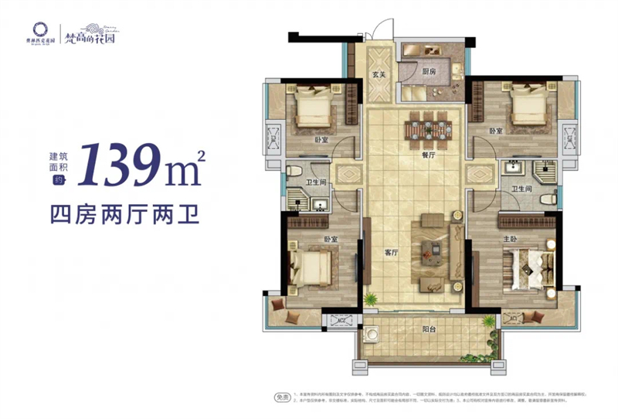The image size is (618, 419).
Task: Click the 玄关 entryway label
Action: click(x=378, y=75)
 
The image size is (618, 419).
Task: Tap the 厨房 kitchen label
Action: click(x=430, y=70)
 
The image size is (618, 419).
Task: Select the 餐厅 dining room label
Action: click(x=428, y=153)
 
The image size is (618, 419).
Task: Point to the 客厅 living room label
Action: click(x=392, y=253)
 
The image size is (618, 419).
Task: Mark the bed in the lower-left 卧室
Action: click(x=309, y=267)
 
